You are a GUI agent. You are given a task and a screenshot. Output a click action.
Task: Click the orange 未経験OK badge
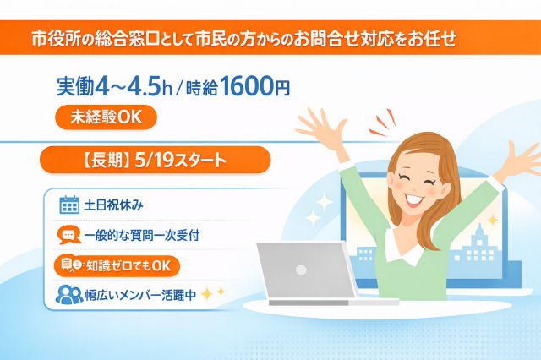click(x=107, y=118)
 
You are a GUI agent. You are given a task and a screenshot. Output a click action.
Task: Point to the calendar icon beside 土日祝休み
click(x=68, y=204)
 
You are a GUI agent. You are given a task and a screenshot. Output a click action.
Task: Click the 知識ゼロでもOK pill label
click(x=117, y=265)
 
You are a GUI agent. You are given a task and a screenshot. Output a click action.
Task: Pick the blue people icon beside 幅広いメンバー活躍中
click(x=68, y=296)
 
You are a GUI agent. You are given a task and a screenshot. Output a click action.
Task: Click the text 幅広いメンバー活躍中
click(x=140, y=296)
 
